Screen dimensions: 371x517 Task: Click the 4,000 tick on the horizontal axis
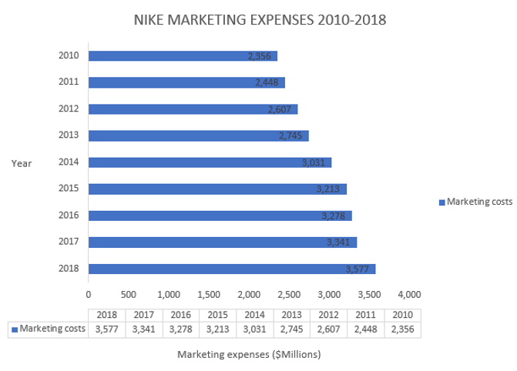click(x=409, y=293)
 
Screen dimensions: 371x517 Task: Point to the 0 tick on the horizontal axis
click(x=89, y=293)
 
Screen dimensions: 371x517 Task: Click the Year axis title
click(x=22, y=162)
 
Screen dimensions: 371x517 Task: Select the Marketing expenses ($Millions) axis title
click(x=249, y=355)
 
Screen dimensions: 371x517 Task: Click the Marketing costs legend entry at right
click(x=475, y=202)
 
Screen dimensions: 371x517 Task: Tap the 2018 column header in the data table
click(x=106, y=315)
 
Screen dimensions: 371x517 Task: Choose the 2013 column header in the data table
click(x=291, y=315)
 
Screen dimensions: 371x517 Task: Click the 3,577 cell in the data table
click(x=106, y=329)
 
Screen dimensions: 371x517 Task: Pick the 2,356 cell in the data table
click(x=401, y=329)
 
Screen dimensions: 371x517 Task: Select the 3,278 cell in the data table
click(x=180, y=329)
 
